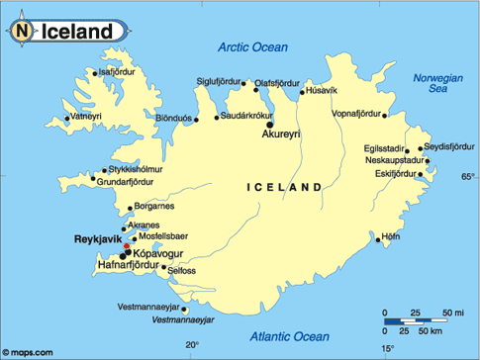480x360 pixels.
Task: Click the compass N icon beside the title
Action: coord(23,32)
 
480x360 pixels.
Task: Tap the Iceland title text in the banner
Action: coord(76,32)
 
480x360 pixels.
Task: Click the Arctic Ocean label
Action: coord(252,46)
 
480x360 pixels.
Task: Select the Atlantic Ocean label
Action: coord(290,336)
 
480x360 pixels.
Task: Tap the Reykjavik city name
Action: coord(97,239)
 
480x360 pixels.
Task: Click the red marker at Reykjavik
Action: coord(126,247)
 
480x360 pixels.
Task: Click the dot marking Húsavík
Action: coord(302,94)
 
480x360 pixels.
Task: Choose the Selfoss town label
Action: coord(182,270)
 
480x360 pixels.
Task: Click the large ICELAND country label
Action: coord(284,186)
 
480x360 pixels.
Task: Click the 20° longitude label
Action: coord(192,345)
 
